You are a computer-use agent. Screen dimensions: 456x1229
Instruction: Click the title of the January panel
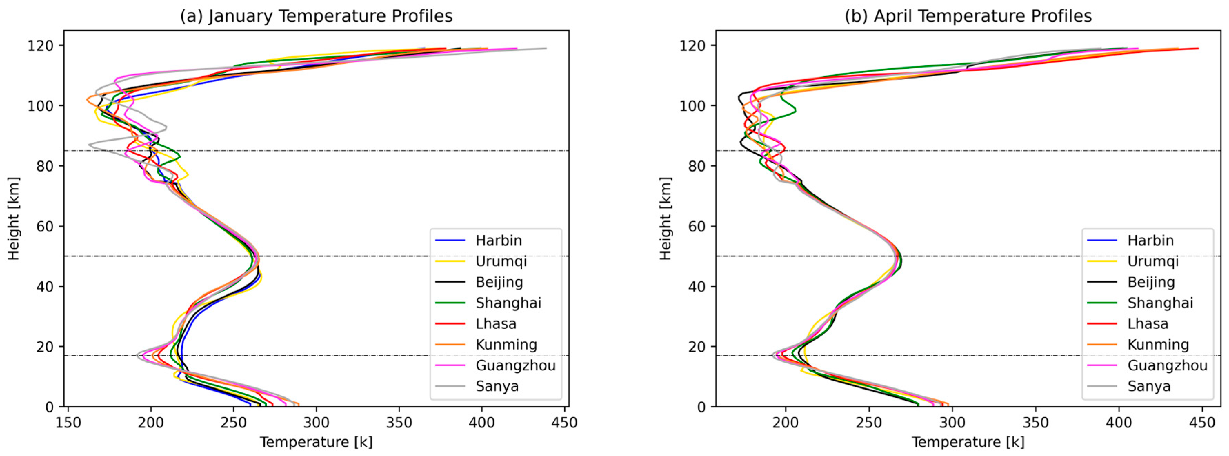click(316, 16)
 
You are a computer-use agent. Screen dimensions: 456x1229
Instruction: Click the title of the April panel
click(968, 16)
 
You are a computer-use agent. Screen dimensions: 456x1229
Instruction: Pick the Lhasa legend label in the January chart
click(495, 324)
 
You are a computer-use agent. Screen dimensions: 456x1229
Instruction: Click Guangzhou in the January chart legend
click(515, 365)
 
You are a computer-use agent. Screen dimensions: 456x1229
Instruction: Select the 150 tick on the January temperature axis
click(68, 423)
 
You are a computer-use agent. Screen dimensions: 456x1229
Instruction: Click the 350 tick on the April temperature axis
click(1035, 423)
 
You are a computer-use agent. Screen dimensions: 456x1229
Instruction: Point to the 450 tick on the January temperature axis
click(565, 423)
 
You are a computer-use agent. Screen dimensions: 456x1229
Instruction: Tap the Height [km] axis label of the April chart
click(665, 218)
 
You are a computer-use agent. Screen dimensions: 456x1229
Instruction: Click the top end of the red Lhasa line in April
click(1198, 48)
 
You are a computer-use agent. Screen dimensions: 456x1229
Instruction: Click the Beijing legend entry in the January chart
click(499, 282)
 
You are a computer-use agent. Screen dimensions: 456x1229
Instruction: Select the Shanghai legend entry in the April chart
click(1160, 303)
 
